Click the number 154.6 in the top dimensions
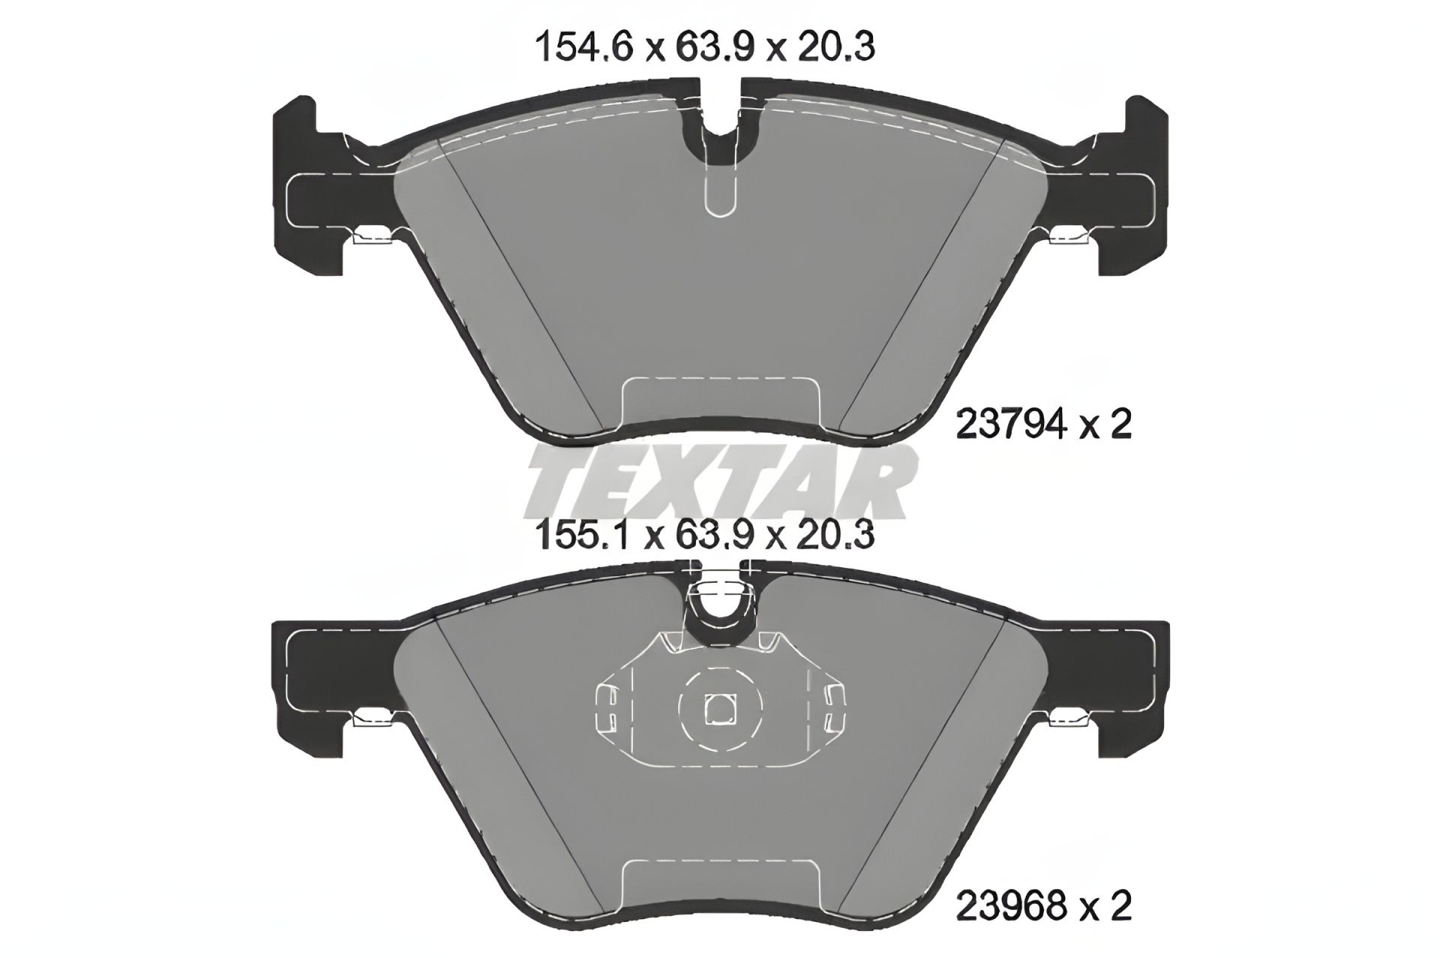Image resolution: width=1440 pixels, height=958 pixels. pos(584,48)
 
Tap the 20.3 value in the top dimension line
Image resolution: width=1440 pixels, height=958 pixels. pos(836,48)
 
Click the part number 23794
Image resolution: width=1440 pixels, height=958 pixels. pos(1009,426)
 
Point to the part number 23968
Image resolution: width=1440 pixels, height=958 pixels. pos(1009,906)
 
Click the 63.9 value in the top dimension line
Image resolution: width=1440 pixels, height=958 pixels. pos(708,48)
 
